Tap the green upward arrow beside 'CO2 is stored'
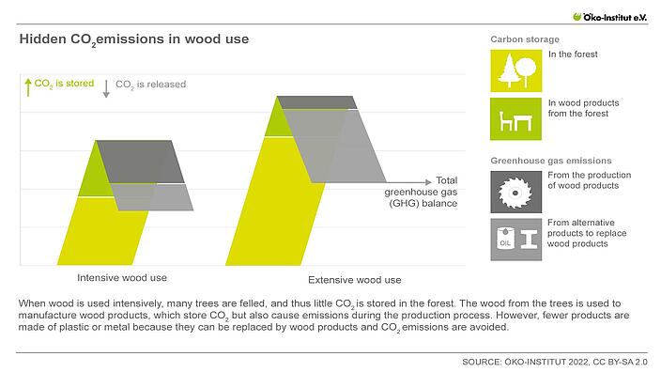click(x=27, y=86)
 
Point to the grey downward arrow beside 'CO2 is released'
click(x=107, y=87)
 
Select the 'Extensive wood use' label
click(x=354, y=280)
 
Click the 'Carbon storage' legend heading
click(x=525, y=39)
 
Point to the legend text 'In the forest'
click(x=573, y=54)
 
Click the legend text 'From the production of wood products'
click(x=589, y=180)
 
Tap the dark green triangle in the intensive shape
click(x=87, y=174)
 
